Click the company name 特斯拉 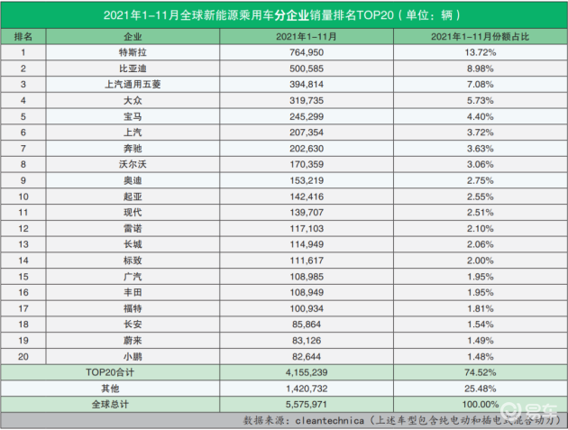click(x=133, y=52)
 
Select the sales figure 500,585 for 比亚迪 click(x=307, y=69)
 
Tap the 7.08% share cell click(x=481, y=85)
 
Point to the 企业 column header click(x=133, y=37)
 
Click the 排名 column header click(x=23, y=37)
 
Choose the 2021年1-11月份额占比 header click(x=481, y=37)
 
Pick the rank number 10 click(x=23, y=197)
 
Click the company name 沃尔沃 click(x=133, y=164)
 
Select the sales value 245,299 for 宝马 click(x=307, y=116)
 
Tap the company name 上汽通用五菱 click(x=133, y=85)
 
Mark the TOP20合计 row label click(x=110, y=372)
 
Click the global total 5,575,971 click(x=307, y=404)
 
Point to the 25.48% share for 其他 click(x=481, y=389)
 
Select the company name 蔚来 click(x=133, y=341)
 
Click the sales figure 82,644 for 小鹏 click(x=307, y=357)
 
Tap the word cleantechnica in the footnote click(x=329, y=421)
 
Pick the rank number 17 click(x=23, y=308)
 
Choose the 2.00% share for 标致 click(x=481, y=261)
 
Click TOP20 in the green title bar click(x=375, y=15)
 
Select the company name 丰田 click(x=133, y=292)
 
